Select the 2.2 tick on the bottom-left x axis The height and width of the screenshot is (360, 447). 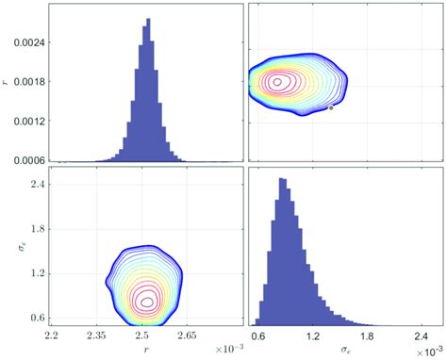tap(53, 334)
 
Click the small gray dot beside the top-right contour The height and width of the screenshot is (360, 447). tap(330, 108)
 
